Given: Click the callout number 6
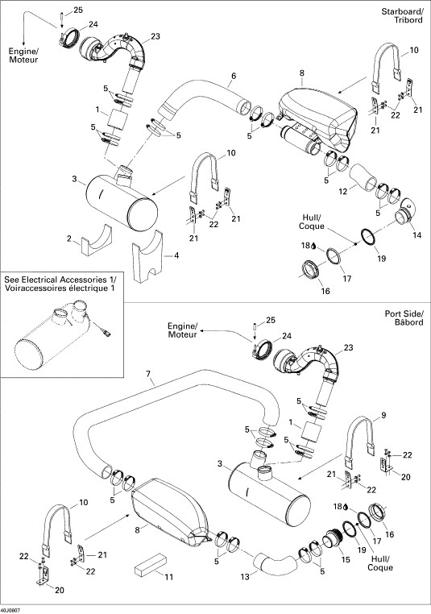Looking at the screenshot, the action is click(x=234, y=76).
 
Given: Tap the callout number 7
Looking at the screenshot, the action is click(x=148, y=374).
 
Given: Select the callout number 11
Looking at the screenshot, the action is click(x=168, y=577).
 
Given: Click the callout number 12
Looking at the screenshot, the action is click(x=343, y=192).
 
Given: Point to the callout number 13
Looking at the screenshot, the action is click(x=245, y=577).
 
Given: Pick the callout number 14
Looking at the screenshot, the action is click(x=417, y=235).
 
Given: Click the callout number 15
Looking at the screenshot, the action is click(x=346, y=560).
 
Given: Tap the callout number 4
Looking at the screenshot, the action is click(x=176, y=255).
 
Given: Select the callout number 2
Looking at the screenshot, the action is click(x=69, y=239).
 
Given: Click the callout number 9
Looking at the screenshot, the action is click(x=383, y=416).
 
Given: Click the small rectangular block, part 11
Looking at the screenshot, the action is click(x=151, y=564).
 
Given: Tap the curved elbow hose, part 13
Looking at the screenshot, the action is click(x=273, y=562).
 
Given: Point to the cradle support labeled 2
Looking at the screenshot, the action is click(x=97, y=240).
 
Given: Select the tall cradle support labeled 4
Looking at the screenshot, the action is click(x=147, y=256).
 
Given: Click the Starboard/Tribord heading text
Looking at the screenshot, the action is click(x=402, y=15).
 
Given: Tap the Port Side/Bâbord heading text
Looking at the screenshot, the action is click(x=404, y=318).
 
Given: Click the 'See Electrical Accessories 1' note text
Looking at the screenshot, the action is click(x=60, y=284).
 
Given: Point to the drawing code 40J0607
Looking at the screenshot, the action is click(x=11, y=610).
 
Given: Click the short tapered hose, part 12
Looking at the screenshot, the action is click(x=363, y=177).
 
